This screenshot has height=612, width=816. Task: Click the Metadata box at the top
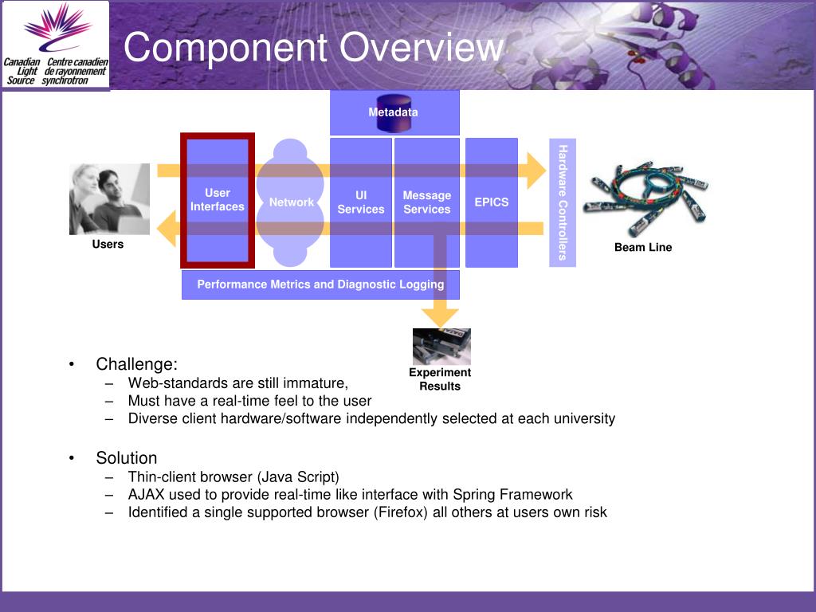(394, 112)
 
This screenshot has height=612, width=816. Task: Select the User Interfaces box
(217, 201)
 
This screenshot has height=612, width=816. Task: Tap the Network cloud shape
(291, 202)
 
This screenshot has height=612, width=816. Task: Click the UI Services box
(360, 202)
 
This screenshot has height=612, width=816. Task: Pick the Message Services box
(427, 202)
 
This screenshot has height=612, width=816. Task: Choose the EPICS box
(491, 202)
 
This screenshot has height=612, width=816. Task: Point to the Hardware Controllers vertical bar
(563, 202)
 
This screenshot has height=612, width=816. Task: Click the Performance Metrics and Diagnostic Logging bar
(320, 284)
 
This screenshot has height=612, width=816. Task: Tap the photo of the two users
(109, 199)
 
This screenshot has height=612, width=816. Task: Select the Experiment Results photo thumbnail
(441, 347)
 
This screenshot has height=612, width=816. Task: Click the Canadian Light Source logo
(56, 45)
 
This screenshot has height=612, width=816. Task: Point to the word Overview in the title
(422, 48)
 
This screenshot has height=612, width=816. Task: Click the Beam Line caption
(643, 248)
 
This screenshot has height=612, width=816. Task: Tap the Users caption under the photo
(108, 245)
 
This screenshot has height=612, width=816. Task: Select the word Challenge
(136, 364)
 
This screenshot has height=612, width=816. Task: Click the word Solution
(127, 458)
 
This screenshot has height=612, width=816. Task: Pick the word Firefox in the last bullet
(402, 512)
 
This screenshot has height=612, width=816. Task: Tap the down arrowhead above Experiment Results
(440, 316)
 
